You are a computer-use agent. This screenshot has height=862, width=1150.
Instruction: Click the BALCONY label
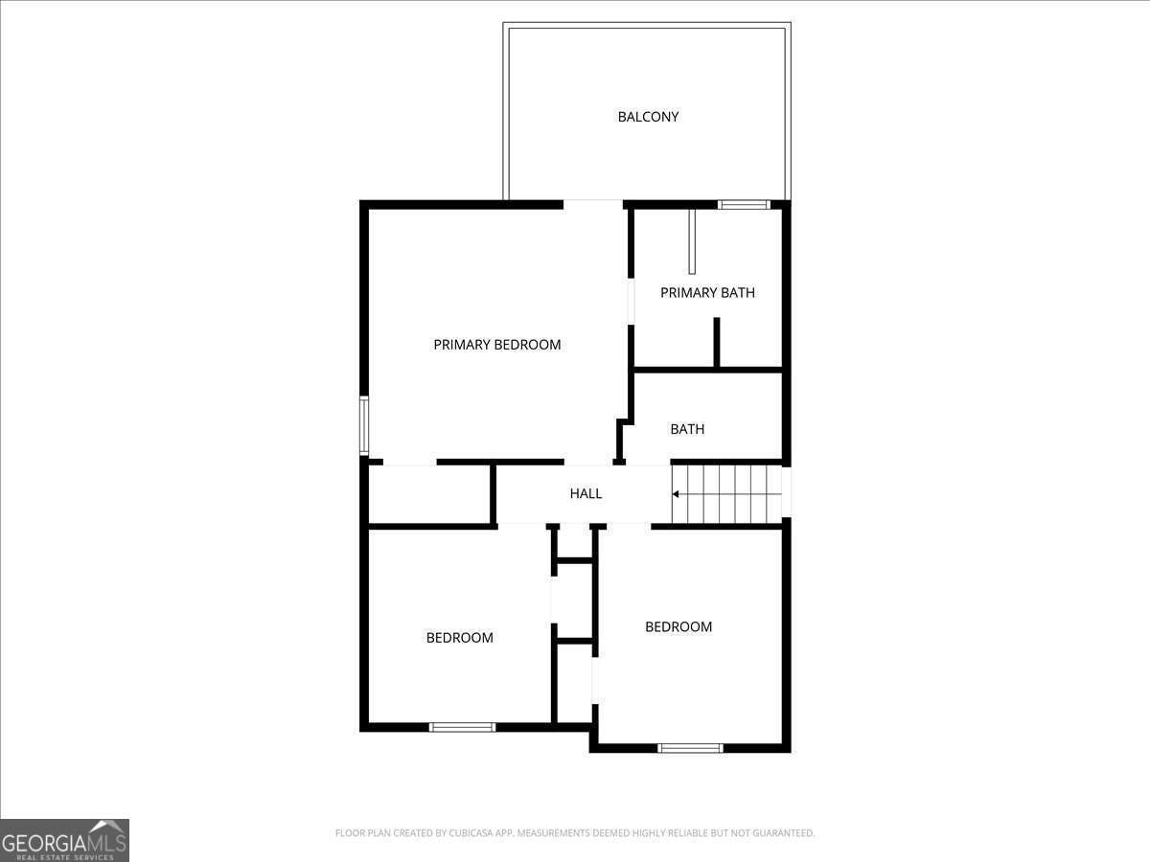[648, 117]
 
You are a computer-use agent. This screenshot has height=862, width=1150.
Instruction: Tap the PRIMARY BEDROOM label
[496, 345]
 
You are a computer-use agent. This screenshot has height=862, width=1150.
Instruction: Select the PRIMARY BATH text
[707, 293]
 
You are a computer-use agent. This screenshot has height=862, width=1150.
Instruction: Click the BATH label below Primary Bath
[687, 429]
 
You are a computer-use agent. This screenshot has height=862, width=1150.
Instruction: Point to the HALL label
[586, 494]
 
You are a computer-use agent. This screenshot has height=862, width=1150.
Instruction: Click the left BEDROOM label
[459, 638]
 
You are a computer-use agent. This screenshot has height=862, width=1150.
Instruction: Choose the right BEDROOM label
[678, 627]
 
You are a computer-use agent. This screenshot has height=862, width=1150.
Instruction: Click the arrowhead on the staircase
[676, 494]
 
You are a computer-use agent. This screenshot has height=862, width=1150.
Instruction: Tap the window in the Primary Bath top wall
[744, 204]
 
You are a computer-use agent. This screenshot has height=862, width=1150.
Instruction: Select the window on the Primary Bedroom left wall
[364, 425]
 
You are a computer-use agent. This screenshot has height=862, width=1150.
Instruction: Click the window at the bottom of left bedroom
[462, 727]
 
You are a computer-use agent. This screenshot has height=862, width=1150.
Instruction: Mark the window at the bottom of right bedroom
[690, 747]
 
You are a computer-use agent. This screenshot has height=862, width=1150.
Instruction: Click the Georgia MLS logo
[64, 840]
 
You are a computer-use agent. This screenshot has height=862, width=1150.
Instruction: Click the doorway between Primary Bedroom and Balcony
[593, 203]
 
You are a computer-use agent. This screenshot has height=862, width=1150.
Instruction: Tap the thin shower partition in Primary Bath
[692, 241]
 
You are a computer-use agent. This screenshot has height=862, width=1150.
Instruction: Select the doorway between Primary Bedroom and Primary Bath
[631, 301]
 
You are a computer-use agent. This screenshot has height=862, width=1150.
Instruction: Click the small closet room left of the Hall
[429, 495]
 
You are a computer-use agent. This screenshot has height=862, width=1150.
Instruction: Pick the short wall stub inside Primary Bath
[716, 342]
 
